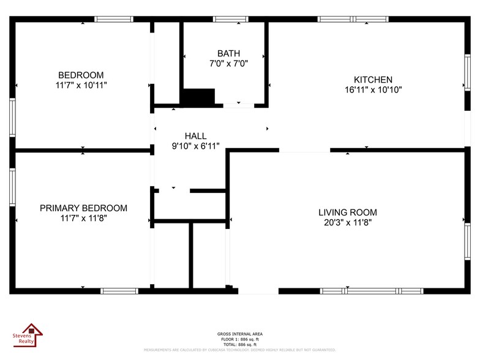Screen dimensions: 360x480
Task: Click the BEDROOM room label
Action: pos(81,75)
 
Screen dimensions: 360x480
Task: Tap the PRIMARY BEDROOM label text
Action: pos(83,208)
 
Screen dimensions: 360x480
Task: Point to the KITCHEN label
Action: pos(373,80)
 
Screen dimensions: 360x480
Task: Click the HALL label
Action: pos(195,136)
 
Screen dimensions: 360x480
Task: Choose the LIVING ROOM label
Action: pos(348,212)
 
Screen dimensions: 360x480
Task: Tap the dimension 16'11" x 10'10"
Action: pos(373,89)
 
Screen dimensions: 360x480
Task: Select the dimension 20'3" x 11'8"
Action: pos(348,222)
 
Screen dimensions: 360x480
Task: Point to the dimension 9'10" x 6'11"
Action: pos(195,146)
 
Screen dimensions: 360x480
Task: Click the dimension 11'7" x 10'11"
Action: pos(81,85)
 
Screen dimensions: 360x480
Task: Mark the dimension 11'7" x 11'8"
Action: pos(83,218)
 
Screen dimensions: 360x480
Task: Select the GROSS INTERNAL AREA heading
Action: pos(240,334)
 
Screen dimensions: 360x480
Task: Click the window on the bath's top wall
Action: pos(230,19)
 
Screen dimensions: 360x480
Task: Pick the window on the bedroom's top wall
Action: pos(114,19)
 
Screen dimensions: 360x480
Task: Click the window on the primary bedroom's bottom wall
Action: pos(119,291)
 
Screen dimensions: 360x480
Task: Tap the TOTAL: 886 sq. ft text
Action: pos(240,343)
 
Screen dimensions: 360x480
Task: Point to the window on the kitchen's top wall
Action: pos(353,19)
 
